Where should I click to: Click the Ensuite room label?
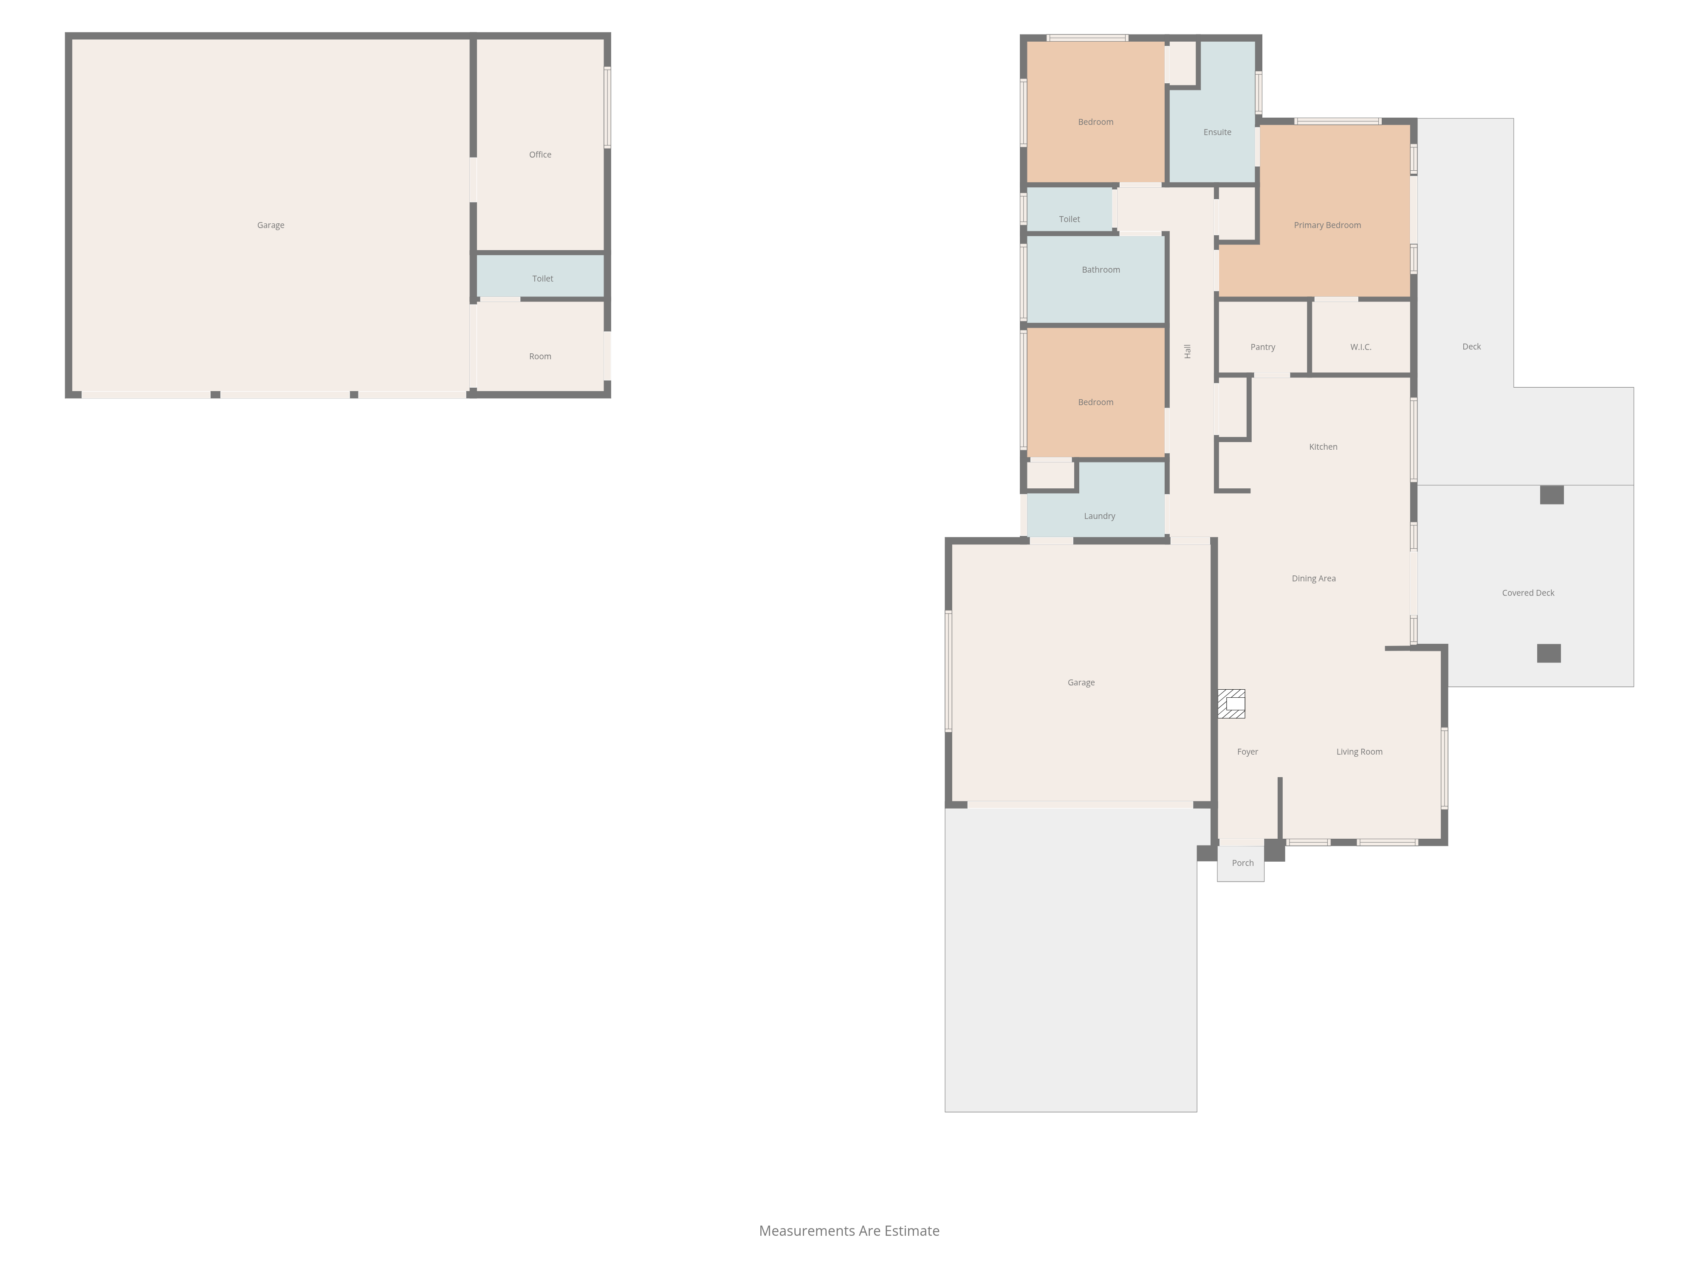point(1217,132)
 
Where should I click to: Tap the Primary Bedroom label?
point(1327,225)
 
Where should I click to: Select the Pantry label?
point(1263,347)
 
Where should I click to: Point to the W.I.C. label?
point(1361,347)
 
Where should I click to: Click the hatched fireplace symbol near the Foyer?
point(1231,703)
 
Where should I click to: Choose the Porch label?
point(1243,863)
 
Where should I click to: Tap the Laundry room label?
point(1099,516)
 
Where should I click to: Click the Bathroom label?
point(1101,270)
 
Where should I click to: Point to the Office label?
point(540,154)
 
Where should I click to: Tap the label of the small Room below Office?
point(540,356)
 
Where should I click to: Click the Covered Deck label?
point(1528,593)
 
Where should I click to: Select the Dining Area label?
point(1313,578)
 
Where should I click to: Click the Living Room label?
point(1360,752)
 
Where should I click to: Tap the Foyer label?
point(1247,752)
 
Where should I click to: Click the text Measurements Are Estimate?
point(849,1231)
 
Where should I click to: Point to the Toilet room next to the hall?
point(1069,209)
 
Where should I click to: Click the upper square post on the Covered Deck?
point(1552,495)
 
